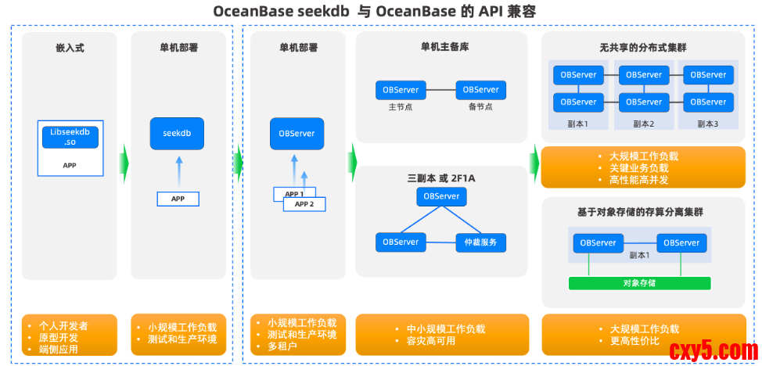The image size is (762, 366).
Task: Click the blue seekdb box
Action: pos(177,134)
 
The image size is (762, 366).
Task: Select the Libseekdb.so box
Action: pos(70,136)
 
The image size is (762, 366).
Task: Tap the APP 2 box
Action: pos(304,203)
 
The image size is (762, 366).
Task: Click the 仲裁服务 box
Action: pos(480,242)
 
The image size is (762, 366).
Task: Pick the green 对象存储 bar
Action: pos(640,282)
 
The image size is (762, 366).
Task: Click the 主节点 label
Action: pos(401,107)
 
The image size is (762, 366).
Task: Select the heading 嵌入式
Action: pos(70,48)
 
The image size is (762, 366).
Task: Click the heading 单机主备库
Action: pos(444,47)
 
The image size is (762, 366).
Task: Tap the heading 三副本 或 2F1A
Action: pos(442,178)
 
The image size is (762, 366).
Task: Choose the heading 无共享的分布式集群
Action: pos(643,47)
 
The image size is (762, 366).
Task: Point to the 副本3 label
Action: pos(706,124)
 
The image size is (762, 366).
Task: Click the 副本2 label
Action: pos(643,124)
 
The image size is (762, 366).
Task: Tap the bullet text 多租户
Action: pos(283,346)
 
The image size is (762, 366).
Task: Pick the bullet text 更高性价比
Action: pos(634,341)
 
